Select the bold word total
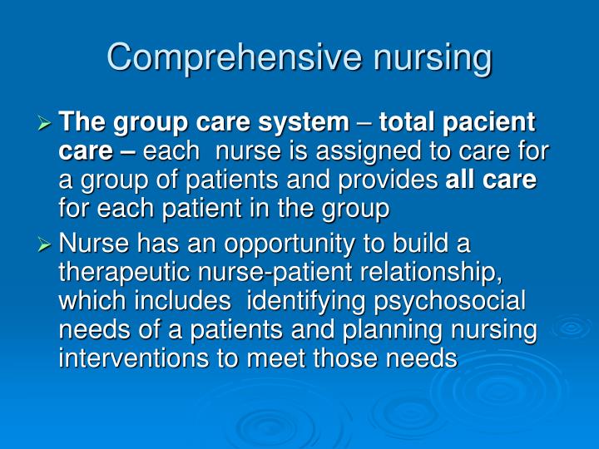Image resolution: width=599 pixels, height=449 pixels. pyautogui.click(x=408, y=123)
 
